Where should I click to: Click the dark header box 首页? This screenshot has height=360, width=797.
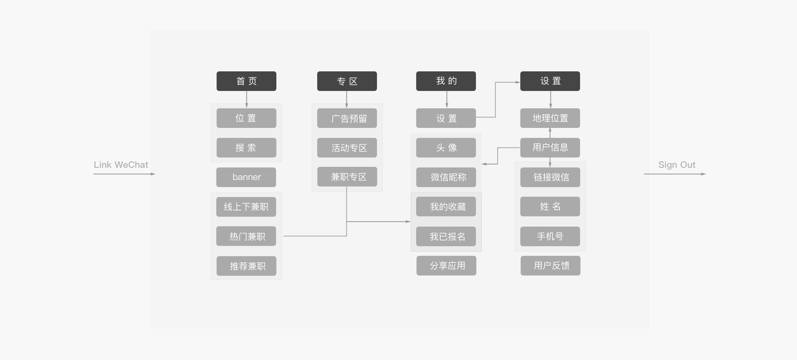[246, 81]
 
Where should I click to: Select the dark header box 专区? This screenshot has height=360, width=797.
[347, 81]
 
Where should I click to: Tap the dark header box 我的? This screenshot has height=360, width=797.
[446, 81]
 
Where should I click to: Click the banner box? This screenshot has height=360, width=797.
[246, 177]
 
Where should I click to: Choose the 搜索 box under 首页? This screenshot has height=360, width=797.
[246, 148]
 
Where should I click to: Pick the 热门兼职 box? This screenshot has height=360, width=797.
[246, 236]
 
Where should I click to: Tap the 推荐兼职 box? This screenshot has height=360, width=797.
[246, 266]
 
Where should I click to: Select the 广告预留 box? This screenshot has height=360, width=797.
[347, 118]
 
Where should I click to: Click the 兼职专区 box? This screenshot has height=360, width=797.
[347, 176]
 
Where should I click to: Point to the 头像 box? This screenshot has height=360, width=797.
[446, 148]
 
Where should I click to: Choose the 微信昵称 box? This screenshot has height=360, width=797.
[446, 177]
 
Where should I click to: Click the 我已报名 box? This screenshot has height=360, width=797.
[446, 236]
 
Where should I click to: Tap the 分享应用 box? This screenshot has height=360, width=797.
[446, 265]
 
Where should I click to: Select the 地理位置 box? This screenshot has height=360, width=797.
[550, 118]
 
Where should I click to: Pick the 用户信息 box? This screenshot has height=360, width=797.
[550, 148]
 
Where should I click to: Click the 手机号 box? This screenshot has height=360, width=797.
[550, 236]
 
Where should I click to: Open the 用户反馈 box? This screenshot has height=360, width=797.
[551, 265]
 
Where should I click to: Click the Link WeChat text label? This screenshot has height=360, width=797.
[121, 165]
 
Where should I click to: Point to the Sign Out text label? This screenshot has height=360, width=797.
[677, 165]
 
